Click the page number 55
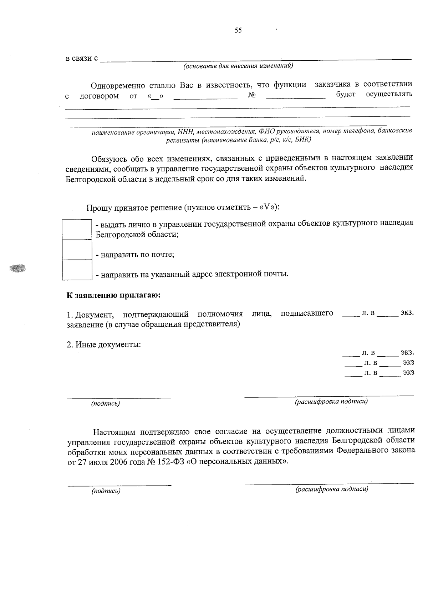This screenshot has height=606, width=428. pyautogui.click(x=238, y=30)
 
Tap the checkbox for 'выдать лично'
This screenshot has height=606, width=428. pyautogui.click(x=77, y=230)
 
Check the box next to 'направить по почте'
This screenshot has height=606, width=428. pyautogui.click(x=77, y=250)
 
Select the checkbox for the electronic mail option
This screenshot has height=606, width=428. pyautogui.click(x=77, y=270)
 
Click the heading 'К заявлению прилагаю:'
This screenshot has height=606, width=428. pyautogui.click(x=113, y=295)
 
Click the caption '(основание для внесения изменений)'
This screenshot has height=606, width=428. pyautogui.click(x=238, y=66)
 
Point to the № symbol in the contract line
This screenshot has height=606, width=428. pyautogui.click(x=252, y=95)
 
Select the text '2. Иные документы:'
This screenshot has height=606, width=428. pyautogui.click(x=104, y=345)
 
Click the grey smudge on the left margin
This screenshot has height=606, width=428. pyautogui.click(x=18, y=267)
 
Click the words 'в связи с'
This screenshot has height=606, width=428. pyautogui.click(x=82, y=58)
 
